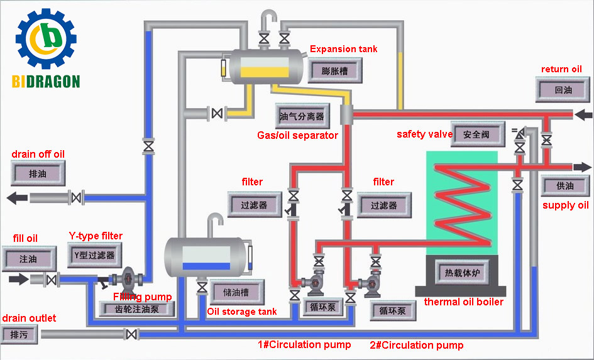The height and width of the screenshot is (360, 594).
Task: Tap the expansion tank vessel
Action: pyautogui.click(x=267, y=67)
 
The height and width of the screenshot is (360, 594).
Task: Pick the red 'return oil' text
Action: pyautogui.click(x=561, y=69)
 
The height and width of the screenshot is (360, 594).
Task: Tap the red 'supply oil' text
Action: pyautogui.click(x=566, y=205)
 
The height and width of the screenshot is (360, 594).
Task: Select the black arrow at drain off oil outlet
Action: pyautogui.click(x=15, y=198)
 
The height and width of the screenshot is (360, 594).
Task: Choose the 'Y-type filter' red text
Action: pyautogui.click(x=96, y=236)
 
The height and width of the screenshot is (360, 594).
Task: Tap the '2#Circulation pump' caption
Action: pyautogui.click(x=416, y=345)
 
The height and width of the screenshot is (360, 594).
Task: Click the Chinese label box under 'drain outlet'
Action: pyautogui.click(x=19, y=334)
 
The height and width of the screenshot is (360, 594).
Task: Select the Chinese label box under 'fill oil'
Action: pyautogui.click(x=28, y=258)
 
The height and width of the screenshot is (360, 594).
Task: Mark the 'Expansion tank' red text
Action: pyautogui.click(x=344, y=49)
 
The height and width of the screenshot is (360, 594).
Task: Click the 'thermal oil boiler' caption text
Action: pyautogui.click(x=463, y=302)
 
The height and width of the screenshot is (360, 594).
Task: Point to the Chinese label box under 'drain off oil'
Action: pyautogui.click(x=38, y=173)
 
